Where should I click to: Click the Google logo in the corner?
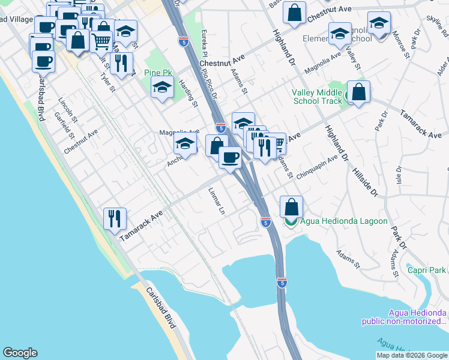coord(20,353)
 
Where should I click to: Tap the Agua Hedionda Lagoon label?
coord(344,221)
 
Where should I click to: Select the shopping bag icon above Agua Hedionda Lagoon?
coord(291,208)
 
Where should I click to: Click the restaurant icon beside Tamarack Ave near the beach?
coord(114,218)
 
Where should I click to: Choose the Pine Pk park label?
coord(158,73)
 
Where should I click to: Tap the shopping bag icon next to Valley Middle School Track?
coord(358,93)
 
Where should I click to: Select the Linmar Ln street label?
coord(220,205)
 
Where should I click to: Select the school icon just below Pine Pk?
coord(161,88)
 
